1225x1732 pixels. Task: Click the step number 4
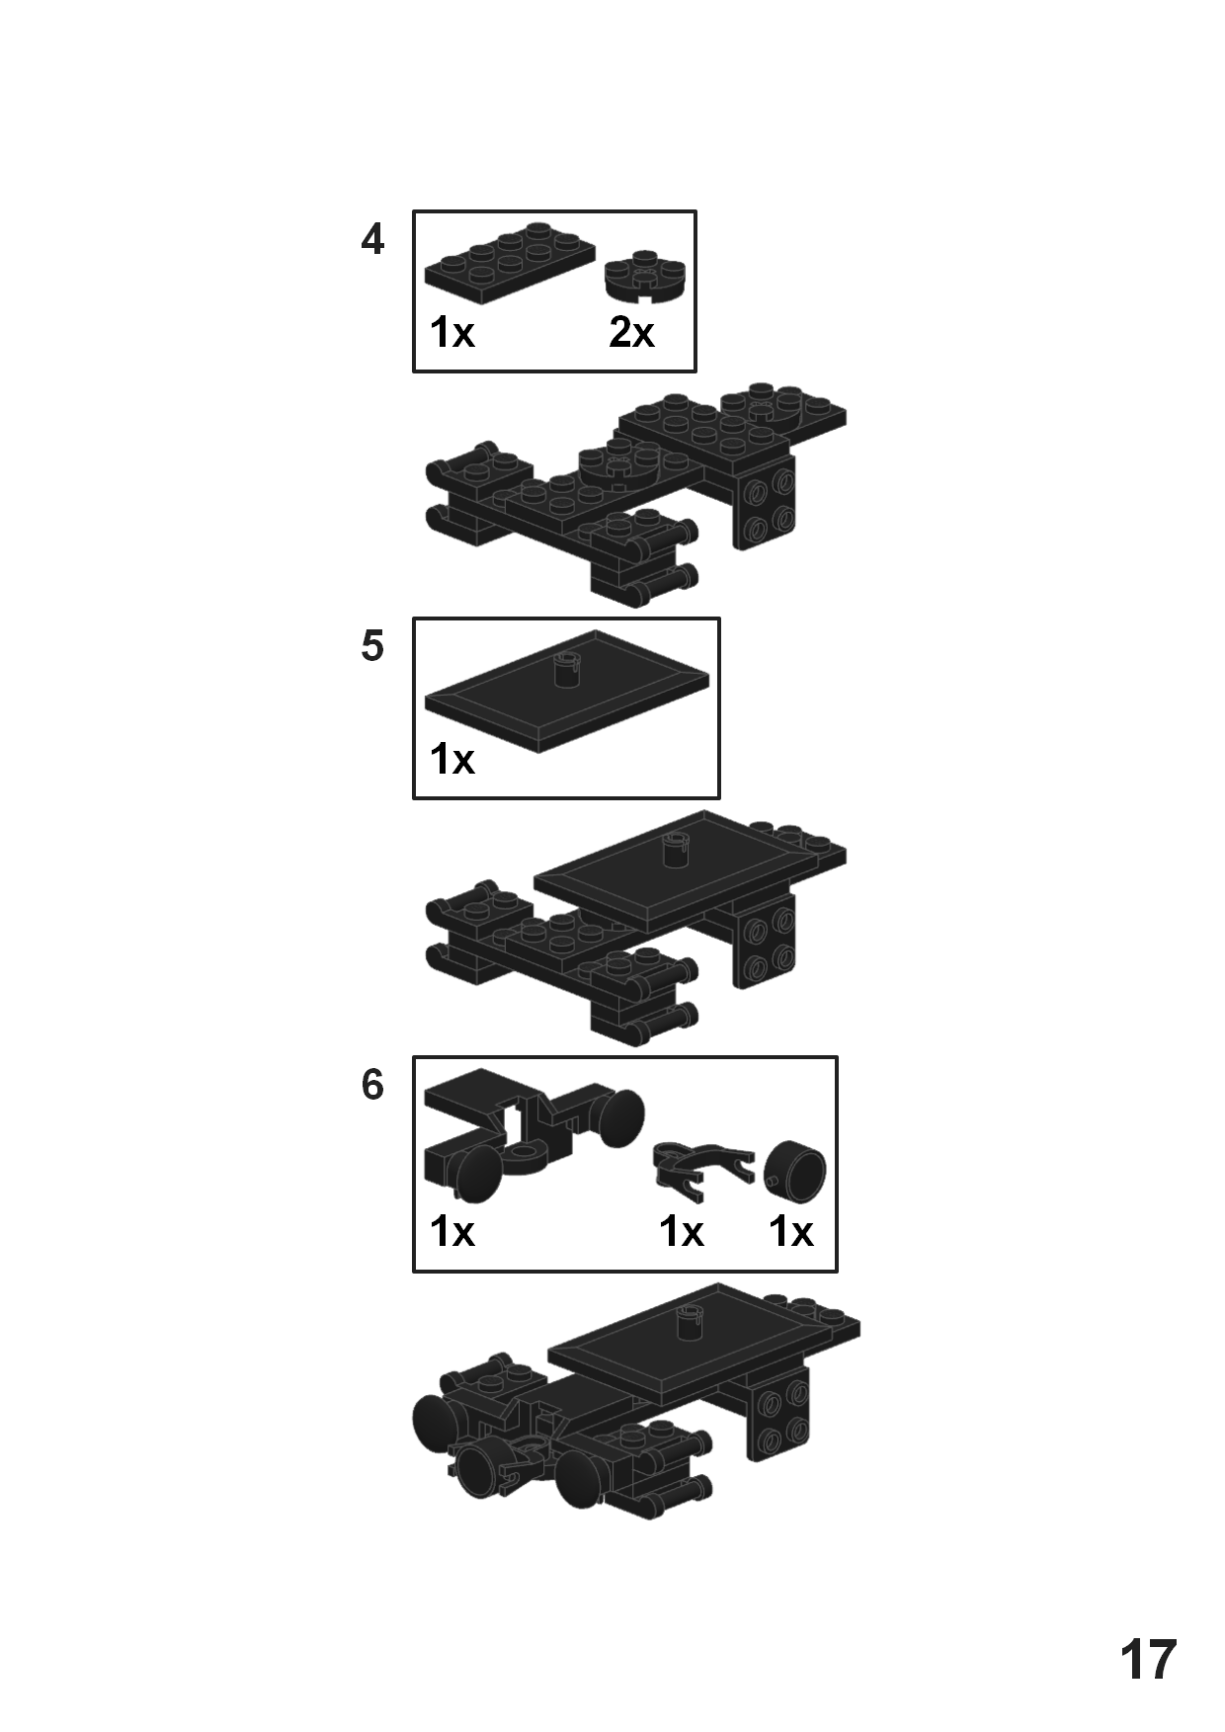(371, 240)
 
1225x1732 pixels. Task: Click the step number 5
(371, 647)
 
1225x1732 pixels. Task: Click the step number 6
(371, 1086)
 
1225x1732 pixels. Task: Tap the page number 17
(1148, 1660)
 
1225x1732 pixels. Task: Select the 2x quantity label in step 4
(631, 333)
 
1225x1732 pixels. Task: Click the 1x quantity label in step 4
(452, 333)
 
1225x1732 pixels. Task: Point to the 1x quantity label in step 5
(452, 760)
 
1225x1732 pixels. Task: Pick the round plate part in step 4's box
(645, 275)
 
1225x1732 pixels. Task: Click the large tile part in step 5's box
(566, 697)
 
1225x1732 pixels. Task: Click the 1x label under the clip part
(682, 1232)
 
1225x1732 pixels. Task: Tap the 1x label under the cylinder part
(791, 1232)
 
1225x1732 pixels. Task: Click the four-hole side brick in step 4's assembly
(765, 505)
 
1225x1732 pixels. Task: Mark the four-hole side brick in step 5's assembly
(765, 945)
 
